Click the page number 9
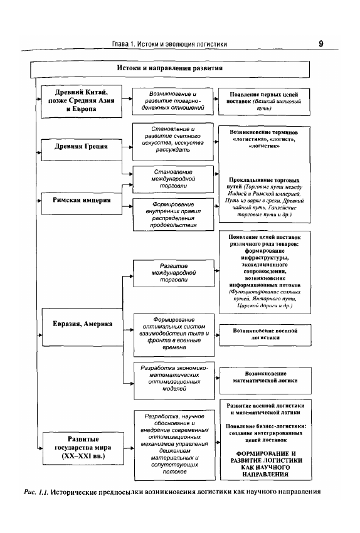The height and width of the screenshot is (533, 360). click(x=321, y=44)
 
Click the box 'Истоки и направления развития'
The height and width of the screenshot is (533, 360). click(x=170, y=69)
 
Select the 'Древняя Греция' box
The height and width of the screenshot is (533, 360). click(x=82, y=150)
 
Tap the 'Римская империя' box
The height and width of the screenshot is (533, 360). click(x=82, y=203)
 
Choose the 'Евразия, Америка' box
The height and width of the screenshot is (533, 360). click(x=82, y=327)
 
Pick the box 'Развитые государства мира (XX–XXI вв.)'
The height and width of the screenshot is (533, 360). click(x=83, y=448)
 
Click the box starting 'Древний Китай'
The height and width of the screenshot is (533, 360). click(x=82, y=102)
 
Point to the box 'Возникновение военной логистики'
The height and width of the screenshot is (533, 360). click(x=265, y=335)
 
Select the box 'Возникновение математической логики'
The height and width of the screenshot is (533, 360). click(x=265, y=381)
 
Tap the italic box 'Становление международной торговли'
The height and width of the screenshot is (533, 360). click(x=173, y=179)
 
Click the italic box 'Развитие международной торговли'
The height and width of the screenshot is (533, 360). click(x=174, y=273)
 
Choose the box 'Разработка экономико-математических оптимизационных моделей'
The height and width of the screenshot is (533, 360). click(x=174, y=381)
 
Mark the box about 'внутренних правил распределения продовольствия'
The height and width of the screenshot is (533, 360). click(x=173, y=214)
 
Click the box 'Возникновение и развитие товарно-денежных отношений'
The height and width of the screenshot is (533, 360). click(x=172, y=102)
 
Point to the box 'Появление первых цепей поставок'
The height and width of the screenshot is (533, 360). click(x=264, y=102)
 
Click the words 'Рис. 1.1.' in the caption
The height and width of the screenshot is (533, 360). click(x=36, y=492)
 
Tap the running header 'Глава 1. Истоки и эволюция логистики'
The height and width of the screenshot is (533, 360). click(x=169, y=44)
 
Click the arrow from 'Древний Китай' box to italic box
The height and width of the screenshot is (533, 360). click(x=127, y=99)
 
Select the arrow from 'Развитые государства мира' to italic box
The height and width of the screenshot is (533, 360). click(x=129, y=448)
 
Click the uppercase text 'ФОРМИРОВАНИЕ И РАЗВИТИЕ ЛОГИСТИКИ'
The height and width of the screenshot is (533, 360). click(x=266, y=457)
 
